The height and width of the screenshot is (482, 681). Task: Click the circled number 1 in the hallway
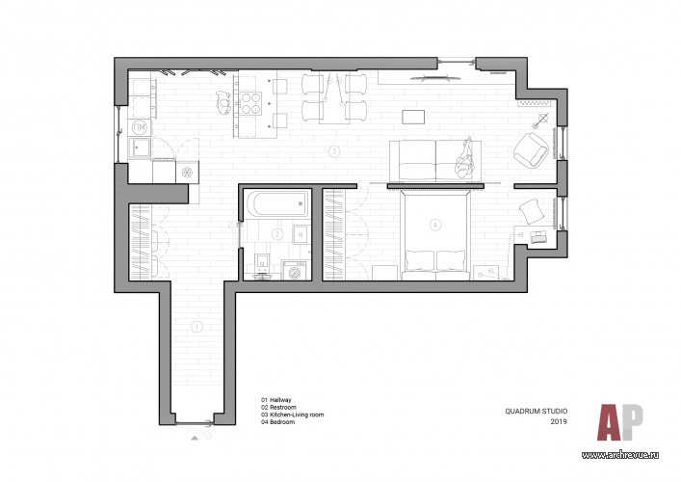tap(196, 327)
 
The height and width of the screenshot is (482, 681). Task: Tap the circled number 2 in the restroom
tap(277, 234)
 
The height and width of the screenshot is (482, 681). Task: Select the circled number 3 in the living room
tap(333, 151)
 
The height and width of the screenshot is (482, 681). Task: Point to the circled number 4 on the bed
tap(434, 225)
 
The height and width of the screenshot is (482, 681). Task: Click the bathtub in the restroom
tap(278, 204)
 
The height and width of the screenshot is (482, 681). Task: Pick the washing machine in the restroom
tap(296, 270)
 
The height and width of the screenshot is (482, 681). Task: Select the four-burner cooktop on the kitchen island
tap(250, 103)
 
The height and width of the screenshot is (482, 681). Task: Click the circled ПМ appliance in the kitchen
tap(140, 128)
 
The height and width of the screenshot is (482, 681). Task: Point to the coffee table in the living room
tap(413, 117)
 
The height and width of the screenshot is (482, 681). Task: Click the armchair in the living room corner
tap(531, 149)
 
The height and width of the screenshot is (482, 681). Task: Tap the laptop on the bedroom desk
tap(538, 237)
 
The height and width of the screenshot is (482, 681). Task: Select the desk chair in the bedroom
tap(532, 210)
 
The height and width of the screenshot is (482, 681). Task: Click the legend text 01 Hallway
tap(276, 400)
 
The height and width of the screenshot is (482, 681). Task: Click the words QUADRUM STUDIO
tap(536, 411)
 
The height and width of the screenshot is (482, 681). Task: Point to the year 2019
tap(559, 421)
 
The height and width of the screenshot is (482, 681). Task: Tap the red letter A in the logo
tap(611, 422)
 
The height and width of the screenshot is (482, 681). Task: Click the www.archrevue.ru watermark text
tap(620, 455)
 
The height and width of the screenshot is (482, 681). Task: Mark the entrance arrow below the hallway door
tap(195, 438)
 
